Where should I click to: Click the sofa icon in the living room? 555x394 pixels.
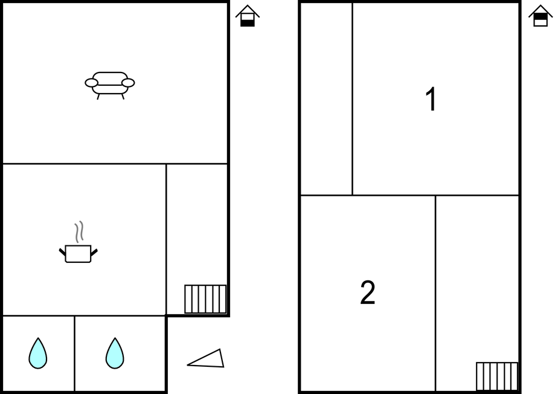pyautogui.click(x=110, y=85)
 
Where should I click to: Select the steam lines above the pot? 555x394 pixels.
pyautogui.click(x=79, y=231)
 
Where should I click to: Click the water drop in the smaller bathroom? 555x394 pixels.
pyautogui.click(x=38, y=354)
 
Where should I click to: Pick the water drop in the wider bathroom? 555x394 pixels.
pyautogui.click(x=115, y=354)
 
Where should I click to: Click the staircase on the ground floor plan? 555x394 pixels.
pyautogui.click(x=205, y=299)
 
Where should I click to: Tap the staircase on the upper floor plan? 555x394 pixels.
pyautogui.click(x=497, y=376)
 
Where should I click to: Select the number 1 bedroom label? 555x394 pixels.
pyautogui.click(x=431, y=99)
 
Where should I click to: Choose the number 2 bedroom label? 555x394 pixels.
pyautogui.click(x=368, y=292)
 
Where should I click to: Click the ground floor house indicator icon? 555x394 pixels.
pyautogui.click(x=248, y=16)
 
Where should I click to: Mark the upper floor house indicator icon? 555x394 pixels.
pyautogui.click(x=541, y=16)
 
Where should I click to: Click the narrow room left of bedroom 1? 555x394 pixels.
pyautogui.click(x=326, y=99)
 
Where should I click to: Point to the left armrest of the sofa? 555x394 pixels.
pyautogui.click(x=91, y=83)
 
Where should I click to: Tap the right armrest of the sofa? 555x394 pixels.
pyautogui.click(x=128, y=83)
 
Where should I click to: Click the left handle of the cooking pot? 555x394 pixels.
pyautogui.click(x=62, y=252)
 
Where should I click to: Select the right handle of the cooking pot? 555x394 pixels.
pyautogui.click(x=94, y=252)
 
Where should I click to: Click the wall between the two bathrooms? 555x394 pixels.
pyautogui.click(x=74, y=354)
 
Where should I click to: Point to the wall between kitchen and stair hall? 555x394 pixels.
pyautogui.click(x=166, y=239)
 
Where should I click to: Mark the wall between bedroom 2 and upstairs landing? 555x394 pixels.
pyautogui.click(x=435, y=293)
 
